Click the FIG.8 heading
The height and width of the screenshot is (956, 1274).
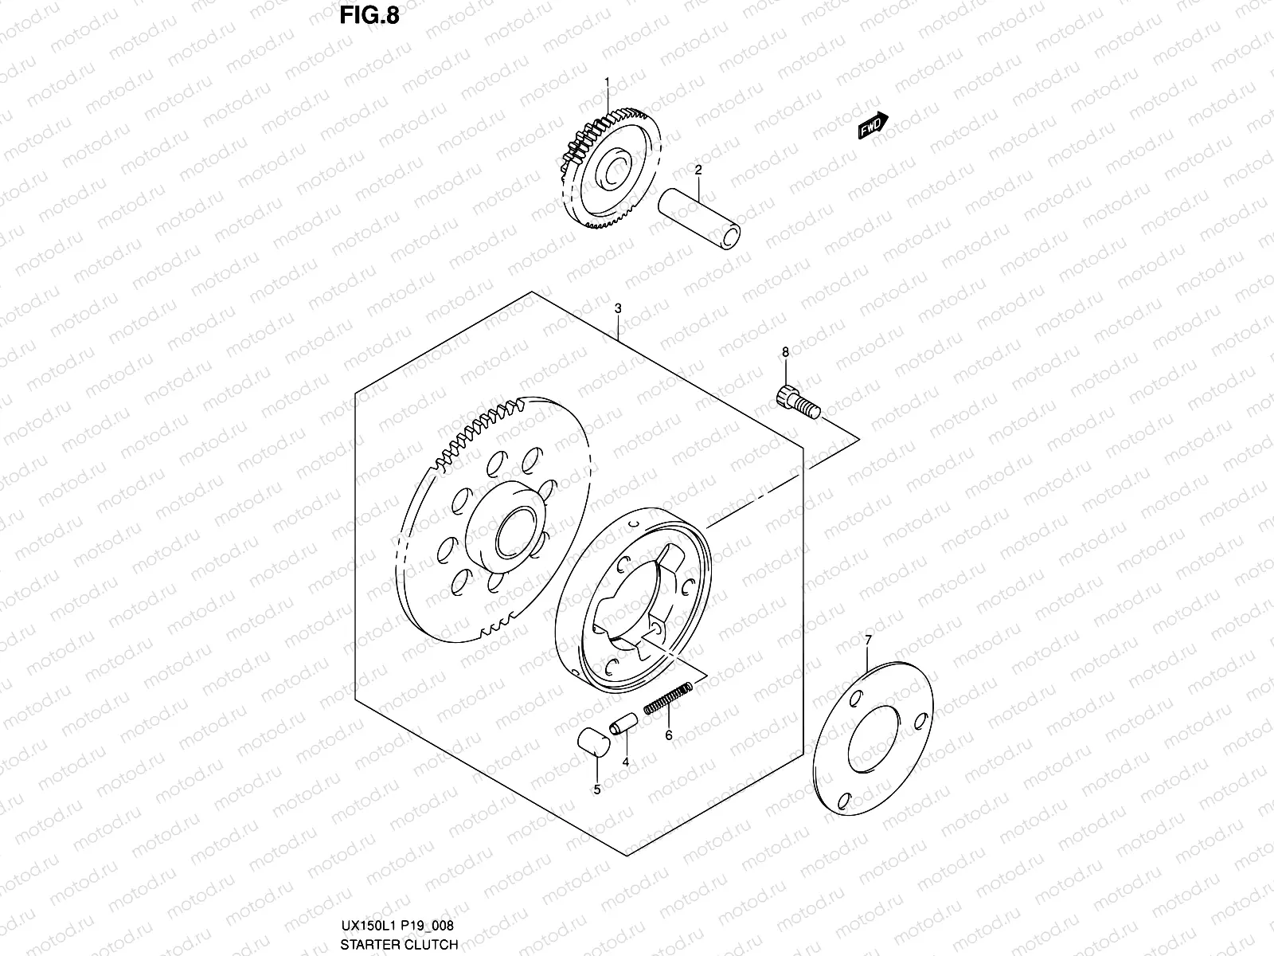(x=369, y=17)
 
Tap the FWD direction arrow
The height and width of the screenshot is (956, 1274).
(x=873, y=125)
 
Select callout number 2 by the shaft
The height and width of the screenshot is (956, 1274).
(x=698, y=170)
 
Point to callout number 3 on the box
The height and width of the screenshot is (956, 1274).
(x=618, y=309)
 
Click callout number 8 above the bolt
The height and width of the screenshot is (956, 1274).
(x=785, y=351)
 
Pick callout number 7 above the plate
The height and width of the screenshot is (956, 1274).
(x=868, y=639)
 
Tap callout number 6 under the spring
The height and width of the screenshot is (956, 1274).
(x=669, y=735)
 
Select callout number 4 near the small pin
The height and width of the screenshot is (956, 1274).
(x=626, y=762)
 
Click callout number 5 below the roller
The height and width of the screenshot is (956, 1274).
(x=596, y=789)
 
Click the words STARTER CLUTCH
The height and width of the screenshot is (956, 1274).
(x=400, y=944)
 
